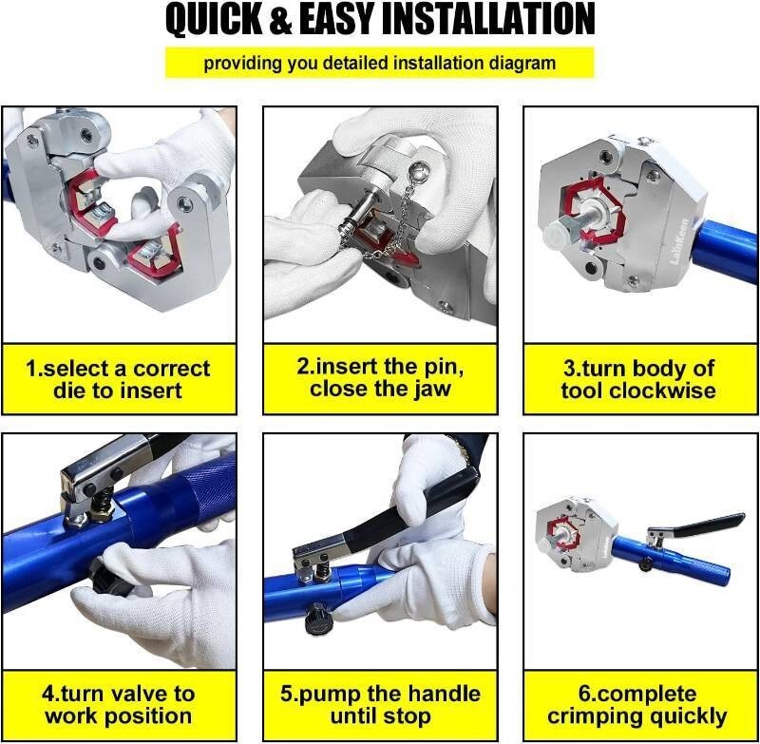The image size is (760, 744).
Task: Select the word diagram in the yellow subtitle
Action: point(524,64)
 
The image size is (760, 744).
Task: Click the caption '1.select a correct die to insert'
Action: point(119,379)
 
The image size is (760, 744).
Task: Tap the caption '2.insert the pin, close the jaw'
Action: point(380,379)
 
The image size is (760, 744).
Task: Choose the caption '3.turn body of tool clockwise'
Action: point(639,379)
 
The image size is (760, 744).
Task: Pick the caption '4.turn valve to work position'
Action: point(119,705)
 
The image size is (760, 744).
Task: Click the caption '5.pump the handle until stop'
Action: point(380,705)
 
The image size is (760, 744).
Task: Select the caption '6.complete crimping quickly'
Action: point(639,705)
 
